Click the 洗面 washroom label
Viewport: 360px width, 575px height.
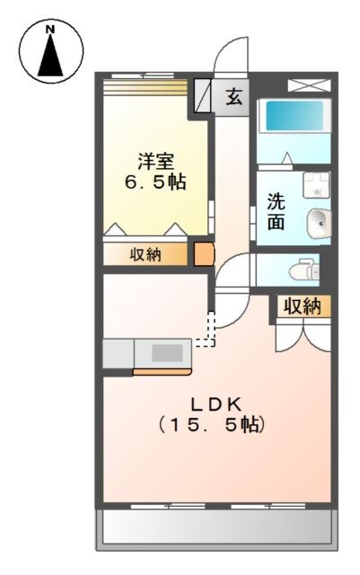(x=277, y=211)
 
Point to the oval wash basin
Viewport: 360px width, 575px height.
(x=318, y=222)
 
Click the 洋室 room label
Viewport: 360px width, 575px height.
(x=154, y=162)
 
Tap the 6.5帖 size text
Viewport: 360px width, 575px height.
(x=154, y=181)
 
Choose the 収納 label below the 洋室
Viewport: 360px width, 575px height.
(x=145, y=254)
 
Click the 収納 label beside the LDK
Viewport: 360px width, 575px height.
(x=303, y=306)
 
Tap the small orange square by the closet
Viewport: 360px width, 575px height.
(x=205, y=254)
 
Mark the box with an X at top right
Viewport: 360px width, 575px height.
(x=307, y=85)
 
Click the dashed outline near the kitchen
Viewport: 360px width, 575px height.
(x=210, y=330)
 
